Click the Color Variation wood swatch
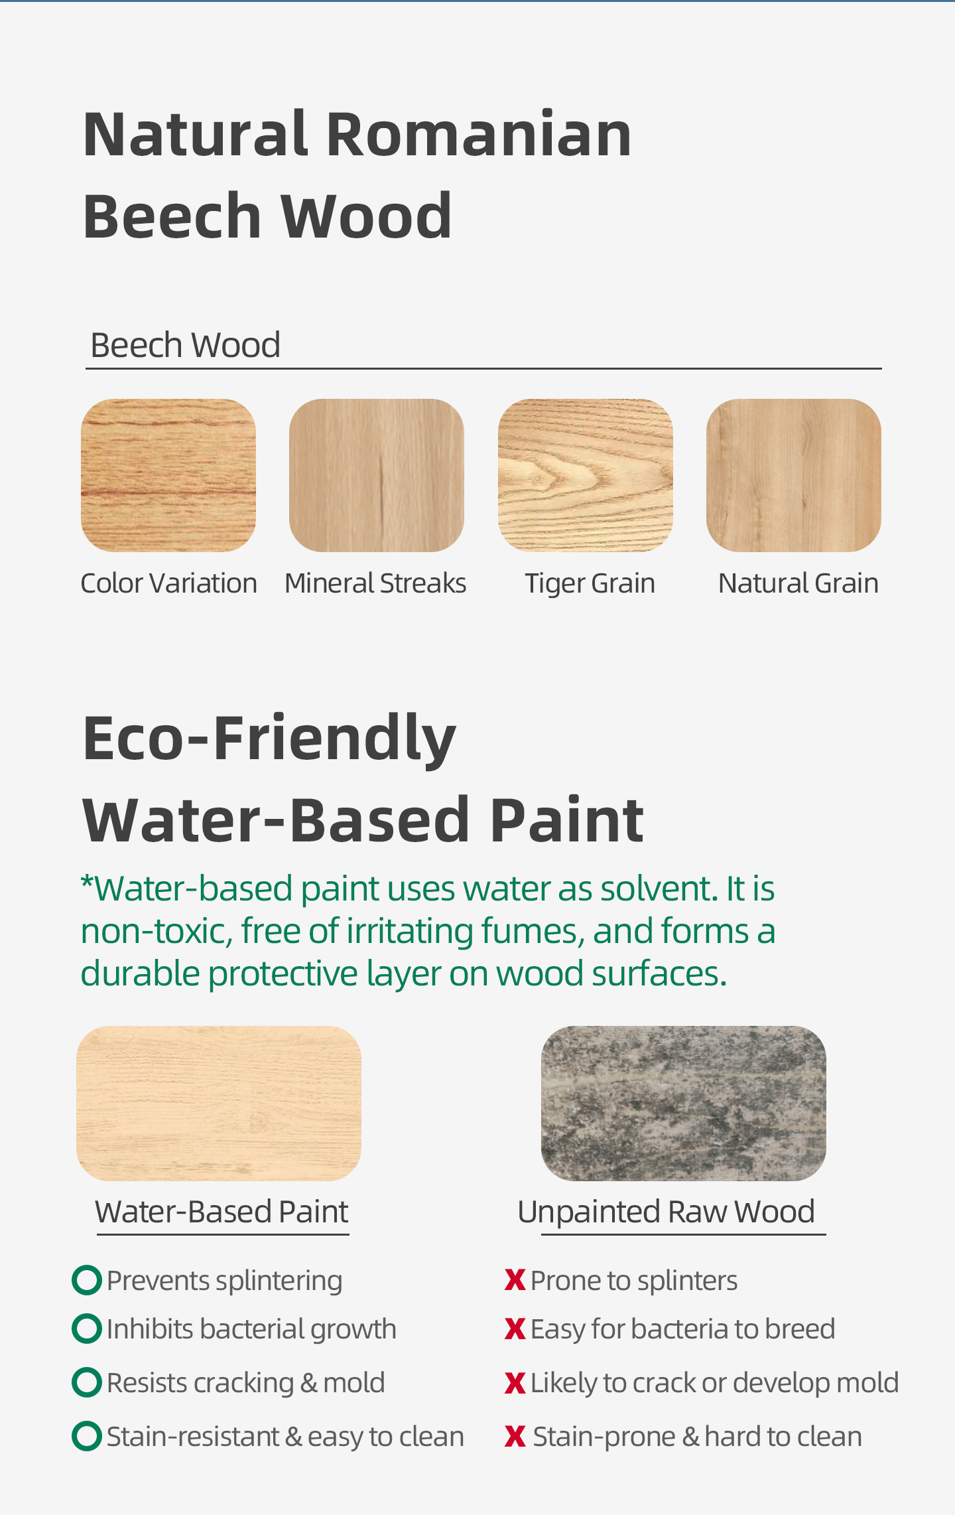pos(168,475)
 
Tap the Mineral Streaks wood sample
pos(377,475)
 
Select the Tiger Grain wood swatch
pos(586,475)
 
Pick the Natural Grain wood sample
pos(794,475)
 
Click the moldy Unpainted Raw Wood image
pos(684,1104)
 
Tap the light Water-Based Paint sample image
pos(219,1104)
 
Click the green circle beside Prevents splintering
pos(87,1281)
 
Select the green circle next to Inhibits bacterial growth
pos(87,1329)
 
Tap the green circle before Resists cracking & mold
pos(87,1382)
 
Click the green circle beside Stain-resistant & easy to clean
pos(87,1436)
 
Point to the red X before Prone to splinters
pos(515,1280)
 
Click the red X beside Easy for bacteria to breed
pos(515,1329)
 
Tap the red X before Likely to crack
pos(515,1383)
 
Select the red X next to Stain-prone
pos(515,1437)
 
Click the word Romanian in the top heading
pos(479,135)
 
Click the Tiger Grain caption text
pos(590,584)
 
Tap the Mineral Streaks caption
pos(375,583)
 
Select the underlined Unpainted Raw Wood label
pos(666,1212)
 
